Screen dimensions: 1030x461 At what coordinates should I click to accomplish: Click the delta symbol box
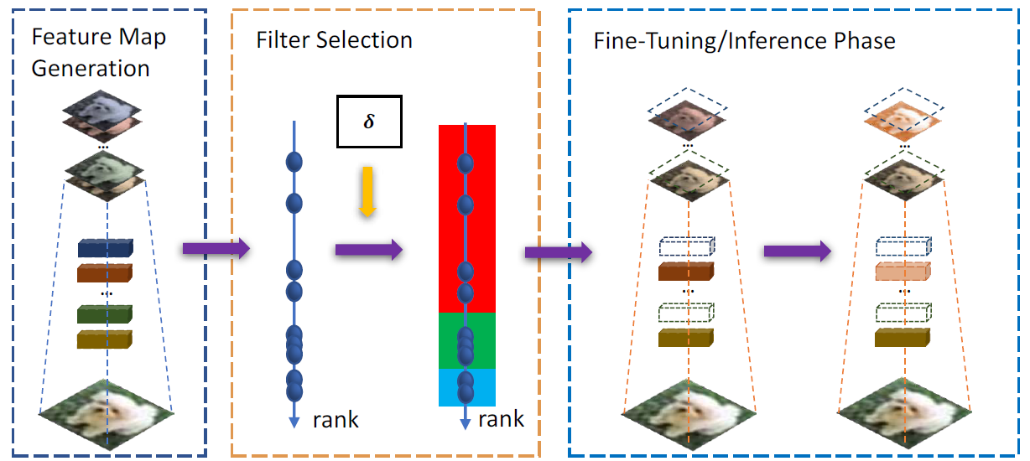[369, 122]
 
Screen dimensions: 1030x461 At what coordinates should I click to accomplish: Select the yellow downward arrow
[367, 191]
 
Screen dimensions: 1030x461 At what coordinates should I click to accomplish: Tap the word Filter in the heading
[283, 40]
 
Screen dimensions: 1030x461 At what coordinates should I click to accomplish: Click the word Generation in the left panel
[91, 69]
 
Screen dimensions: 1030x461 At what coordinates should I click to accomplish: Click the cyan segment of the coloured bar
[466, 387]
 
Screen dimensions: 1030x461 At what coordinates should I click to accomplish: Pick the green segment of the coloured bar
[466, 340]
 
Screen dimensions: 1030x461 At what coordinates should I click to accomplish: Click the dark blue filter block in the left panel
[106, 248]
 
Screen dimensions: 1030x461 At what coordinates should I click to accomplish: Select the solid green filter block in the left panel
[104, 314]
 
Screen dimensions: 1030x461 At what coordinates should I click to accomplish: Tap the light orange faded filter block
[903, 272]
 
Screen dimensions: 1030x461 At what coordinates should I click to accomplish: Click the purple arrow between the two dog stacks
[798, 251]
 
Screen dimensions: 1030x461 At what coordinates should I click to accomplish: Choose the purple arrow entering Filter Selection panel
[216, 249]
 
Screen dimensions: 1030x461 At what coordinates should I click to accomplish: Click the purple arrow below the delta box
[369, 250]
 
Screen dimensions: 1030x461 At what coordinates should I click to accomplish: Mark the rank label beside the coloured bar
[501, 419]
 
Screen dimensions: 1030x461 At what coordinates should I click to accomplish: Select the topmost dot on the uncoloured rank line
[294, 162]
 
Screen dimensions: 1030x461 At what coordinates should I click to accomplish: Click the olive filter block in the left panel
[104, 339]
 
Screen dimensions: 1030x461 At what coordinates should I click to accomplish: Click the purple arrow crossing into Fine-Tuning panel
[559, 251]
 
